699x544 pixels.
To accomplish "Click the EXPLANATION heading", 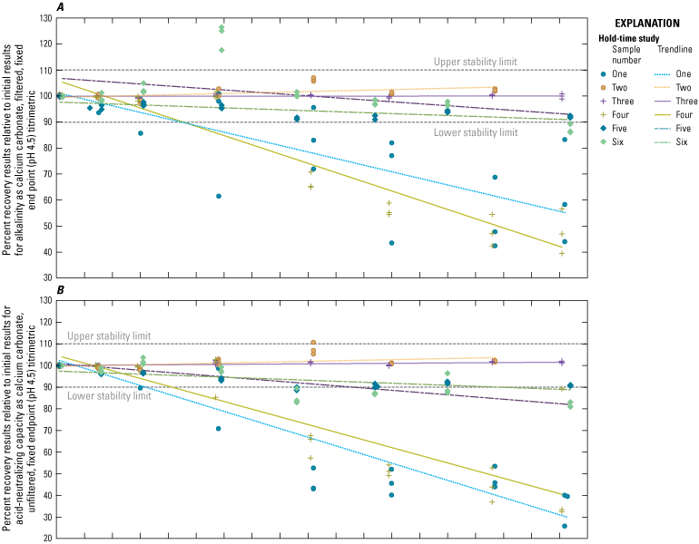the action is pos(647,24).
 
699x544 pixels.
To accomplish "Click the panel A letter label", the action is pos(60,6).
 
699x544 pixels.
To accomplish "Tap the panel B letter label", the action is pos(60,290).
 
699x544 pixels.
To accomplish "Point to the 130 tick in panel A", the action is pos(46,18).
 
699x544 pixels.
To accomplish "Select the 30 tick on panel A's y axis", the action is pos(48,277).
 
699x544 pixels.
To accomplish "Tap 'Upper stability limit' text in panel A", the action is pos(476,62).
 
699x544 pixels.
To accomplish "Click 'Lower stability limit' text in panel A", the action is pos(476,132).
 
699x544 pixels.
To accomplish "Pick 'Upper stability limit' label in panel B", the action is pos(109,336).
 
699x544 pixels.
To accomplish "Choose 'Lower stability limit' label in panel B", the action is pos(109,395).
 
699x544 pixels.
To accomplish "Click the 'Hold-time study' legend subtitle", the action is pos(628,38).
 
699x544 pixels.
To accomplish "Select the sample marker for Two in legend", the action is pos(604,88).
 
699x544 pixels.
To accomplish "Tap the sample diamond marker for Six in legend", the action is pos(604,142).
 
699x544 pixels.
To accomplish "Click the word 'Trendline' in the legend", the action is pos(674,50).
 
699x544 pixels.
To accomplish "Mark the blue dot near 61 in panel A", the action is pos(219,197).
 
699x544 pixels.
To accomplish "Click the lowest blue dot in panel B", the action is pos(565,526).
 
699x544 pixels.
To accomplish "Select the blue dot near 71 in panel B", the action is pos(219,429).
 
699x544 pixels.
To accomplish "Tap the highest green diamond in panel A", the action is pos(222,27).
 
